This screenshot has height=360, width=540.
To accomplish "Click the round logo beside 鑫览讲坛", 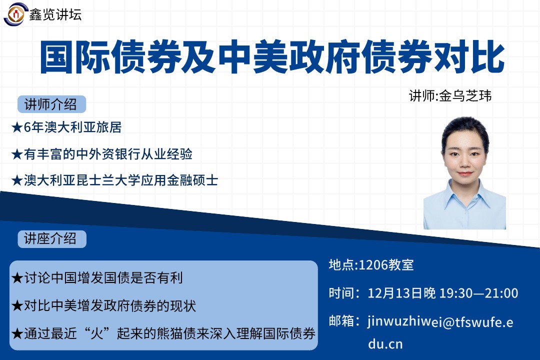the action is pos(14,14).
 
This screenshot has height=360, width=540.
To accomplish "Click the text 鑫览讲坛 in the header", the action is pos(55,14).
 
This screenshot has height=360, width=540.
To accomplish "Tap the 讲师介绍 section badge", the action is pos(51,104).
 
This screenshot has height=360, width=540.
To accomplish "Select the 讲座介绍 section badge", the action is pos(51,238).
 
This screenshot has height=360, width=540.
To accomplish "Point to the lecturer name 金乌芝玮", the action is pos(465,96).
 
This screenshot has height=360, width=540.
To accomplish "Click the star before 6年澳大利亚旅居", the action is pos(17,128).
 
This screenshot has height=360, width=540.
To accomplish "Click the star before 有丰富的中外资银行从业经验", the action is pos(17,154).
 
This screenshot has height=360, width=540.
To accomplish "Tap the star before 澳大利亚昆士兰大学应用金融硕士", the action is pos(17,180).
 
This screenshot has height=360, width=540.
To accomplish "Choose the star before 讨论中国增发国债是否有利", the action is pos(17,278).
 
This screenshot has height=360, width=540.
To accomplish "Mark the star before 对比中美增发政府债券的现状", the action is pos(17,306).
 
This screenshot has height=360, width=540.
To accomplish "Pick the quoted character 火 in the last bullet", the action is pos(97,333).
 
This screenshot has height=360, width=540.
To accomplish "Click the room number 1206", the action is pos(373,265).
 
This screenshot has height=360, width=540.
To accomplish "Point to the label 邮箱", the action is pos(341,321).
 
